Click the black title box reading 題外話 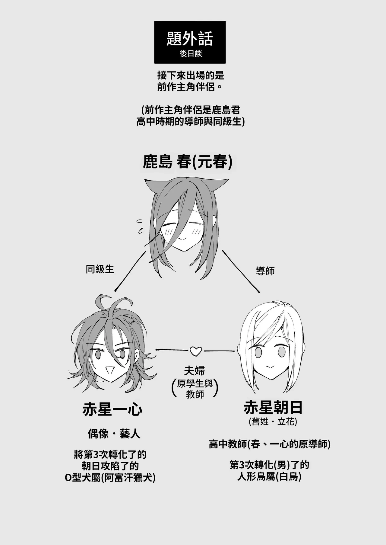coord(190,42)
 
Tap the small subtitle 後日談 coord(191,53)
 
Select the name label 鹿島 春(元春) coord(188,162)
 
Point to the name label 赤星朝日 coord(273,408)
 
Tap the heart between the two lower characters coord(195,351)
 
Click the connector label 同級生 coord(100,269)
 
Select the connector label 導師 coord(265,271)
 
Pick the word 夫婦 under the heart coord(195,370)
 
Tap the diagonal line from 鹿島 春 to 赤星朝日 coord(241,271)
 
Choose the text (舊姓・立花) coord(273,422)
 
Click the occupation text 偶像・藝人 coord(114,434)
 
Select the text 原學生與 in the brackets coord(195,383)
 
